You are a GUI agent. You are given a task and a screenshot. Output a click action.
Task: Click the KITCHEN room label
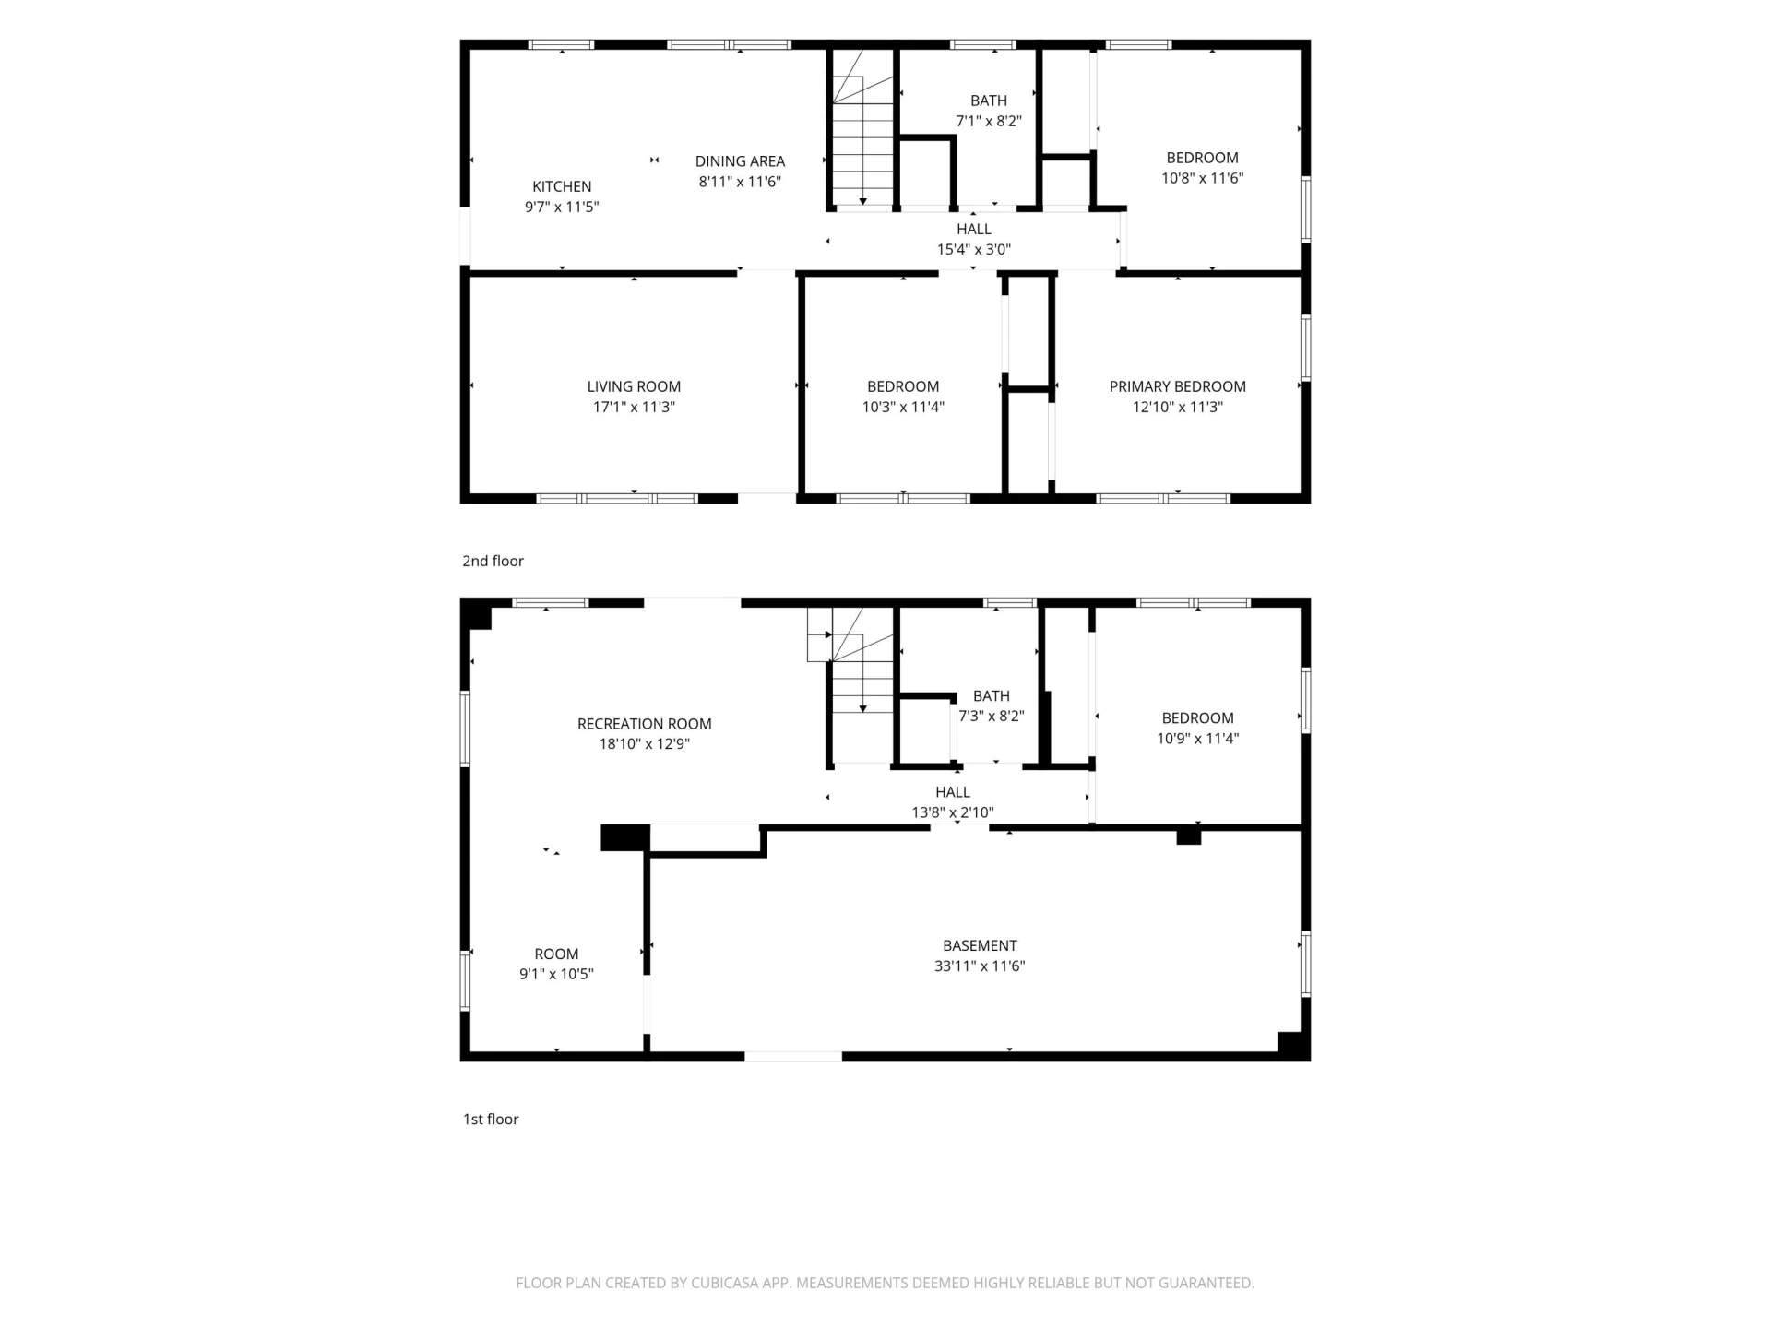coord(562,186)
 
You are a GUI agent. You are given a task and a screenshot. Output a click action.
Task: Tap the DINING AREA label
coord(740,161)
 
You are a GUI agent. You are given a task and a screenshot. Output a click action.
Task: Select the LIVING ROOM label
coord(634,386)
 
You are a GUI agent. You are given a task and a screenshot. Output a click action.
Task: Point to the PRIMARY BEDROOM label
coord(1177,386)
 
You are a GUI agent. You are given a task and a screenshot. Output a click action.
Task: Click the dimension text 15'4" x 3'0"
coord(974,249)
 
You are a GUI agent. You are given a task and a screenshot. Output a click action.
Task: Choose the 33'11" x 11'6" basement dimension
coord(980,966)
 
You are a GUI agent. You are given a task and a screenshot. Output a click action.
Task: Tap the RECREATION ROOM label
coord(645,724)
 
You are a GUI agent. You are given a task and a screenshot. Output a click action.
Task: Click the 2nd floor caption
coord(493,561)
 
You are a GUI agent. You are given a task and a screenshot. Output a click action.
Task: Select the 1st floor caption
coord(491,1119)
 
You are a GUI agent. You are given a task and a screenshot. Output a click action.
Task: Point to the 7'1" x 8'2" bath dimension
coord(989,121)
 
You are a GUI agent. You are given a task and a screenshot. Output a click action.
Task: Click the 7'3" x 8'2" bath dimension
coord(992,716)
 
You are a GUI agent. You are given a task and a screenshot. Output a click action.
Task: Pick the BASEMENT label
coord(980,945)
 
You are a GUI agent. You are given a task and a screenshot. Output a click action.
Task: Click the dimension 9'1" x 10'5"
coord(556,974)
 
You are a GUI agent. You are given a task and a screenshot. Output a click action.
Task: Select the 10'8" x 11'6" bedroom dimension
coord(1202,178)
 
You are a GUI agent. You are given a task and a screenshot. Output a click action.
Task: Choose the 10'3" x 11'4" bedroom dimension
coord(903,407)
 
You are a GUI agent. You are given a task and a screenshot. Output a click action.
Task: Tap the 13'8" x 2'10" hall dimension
coord(953,812)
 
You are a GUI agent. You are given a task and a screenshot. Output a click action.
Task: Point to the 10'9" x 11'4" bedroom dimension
coord(1197,738)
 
